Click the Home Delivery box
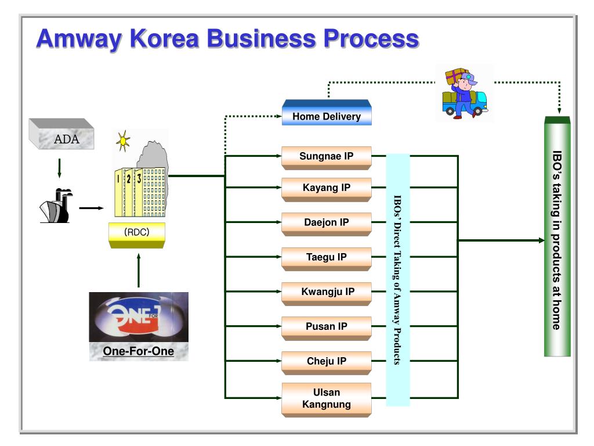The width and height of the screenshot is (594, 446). coord(327,112)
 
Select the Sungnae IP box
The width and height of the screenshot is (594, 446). coord(327,158)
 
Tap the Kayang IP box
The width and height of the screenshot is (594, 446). coord(327,189)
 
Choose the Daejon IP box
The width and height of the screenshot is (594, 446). coord(327,224)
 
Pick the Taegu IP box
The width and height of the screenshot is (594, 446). coord(327,258)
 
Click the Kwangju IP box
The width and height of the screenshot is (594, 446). coord(327,293)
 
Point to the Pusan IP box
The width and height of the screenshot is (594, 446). coord(327,328)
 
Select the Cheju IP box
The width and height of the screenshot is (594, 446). coord(327,363)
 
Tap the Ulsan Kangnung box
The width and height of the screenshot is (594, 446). coord(327,400)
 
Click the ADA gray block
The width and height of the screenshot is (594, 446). coord(61,134)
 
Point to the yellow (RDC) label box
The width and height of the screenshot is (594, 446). coord(137,235)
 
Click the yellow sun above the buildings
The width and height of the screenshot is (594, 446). coord(123,141)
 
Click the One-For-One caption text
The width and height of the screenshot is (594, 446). coord(139,351)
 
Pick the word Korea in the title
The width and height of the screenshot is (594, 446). coord(164,39)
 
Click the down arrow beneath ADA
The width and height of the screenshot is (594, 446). coord(60,168)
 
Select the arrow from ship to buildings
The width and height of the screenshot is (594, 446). coord(91,208)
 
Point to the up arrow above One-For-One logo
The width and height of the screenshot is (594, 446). coord(139,270)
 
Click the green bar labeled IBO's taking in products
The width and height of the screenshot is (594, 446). coord(557,236)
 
